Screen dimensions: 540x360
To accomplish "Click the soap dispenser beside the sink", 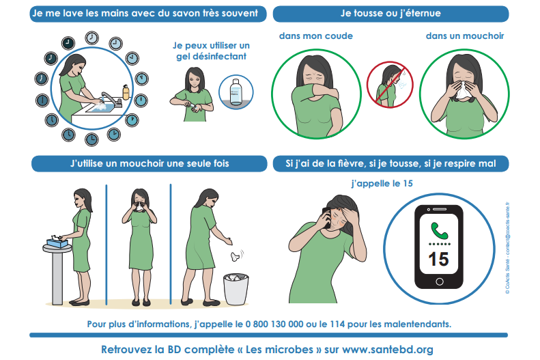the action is coord(126,92).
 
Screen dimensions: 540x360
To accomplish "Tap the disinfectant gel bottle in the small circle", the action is coord(236,92).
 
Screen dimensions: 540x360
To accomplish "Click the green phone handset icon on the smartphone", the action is coord(439,231).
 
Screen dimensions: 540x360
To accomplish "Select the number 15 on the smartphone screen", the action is coord(438,259).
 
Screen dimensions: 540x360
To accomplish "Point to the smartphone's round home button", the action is coord(440,281).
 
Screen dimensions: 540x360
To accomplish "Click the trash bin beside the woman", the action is coord(236,289).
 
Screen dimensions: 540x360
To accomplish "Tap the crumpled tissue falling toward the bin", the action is coord(235,257).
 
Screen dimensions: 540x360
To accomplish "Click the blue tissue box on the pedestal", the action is coord(57,243).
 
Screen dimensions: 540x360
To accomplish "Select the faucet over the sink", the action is coord(111,99).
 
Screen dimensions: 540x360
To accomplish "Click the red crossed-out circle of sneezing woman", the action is coord(390,85).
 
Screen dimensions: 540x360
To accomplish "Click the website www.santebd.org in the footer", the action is coord(388,349).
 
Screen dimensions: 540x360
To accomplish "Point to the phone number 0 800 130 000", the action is coord(274,324).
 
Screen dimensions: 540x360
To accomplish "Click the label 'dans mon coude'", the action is coord(316,36).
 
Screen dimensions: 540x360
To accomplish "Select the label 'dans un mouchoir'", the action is coord(465,36).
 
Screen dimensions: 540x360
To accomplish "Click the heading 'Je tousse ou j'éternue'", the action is coord(390,14).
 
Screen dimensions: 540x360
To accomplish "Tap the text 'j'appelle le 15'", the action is coord(382,183).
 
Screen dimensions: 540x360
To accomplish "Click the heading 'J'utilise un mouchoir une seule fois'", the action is coord(150,163).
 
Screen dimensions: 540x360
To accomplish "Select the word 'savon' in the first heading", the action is coord(190,14).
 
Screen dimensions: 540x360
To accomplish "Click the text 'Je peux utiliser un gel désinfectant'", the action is coord(211,51).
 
